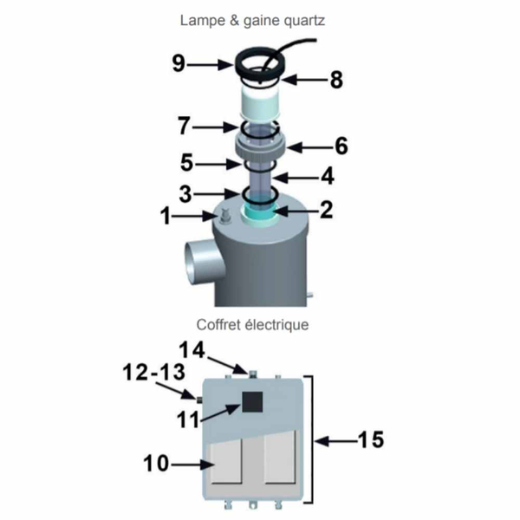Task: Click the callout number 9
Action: click(179, 63)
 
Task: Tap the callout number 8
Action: click(336, 80)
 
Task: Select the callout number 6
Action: click(341, 146)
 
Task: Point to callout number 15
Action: click(371, 439)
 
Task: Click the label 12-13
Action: click(154, 372)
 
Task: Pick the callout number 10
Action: click(156, 463)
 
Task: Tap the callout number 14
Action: click(192, 350)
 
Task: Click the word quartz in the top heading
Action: click(304, 21)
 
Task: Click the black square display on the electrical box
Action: click(252, 401)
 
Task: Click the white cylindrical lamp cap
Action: click(259, 101)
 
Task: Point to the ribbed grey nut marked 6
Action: click(260, 147)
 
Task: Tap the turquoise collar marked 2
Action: click(259, 212)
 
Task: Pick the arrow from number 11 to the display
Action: click(220, 413)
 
